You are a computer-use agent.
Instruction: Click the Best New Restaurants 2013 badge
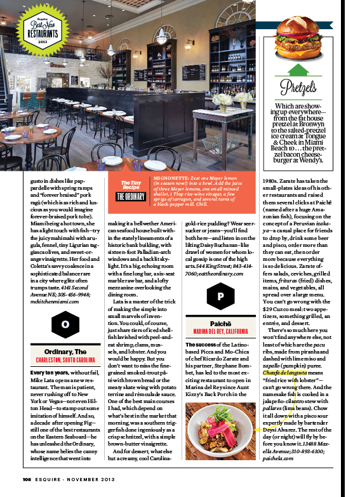coord(42,29)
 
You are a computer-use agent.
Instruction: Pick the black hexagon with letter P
coord(220,296)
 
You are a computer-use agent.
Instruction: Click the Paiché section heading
coord(220,324)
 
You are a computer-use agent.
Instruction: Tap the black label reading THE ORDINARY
coord(131,195)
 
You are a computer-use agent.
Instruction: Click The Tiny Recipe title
coord(131,185)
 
